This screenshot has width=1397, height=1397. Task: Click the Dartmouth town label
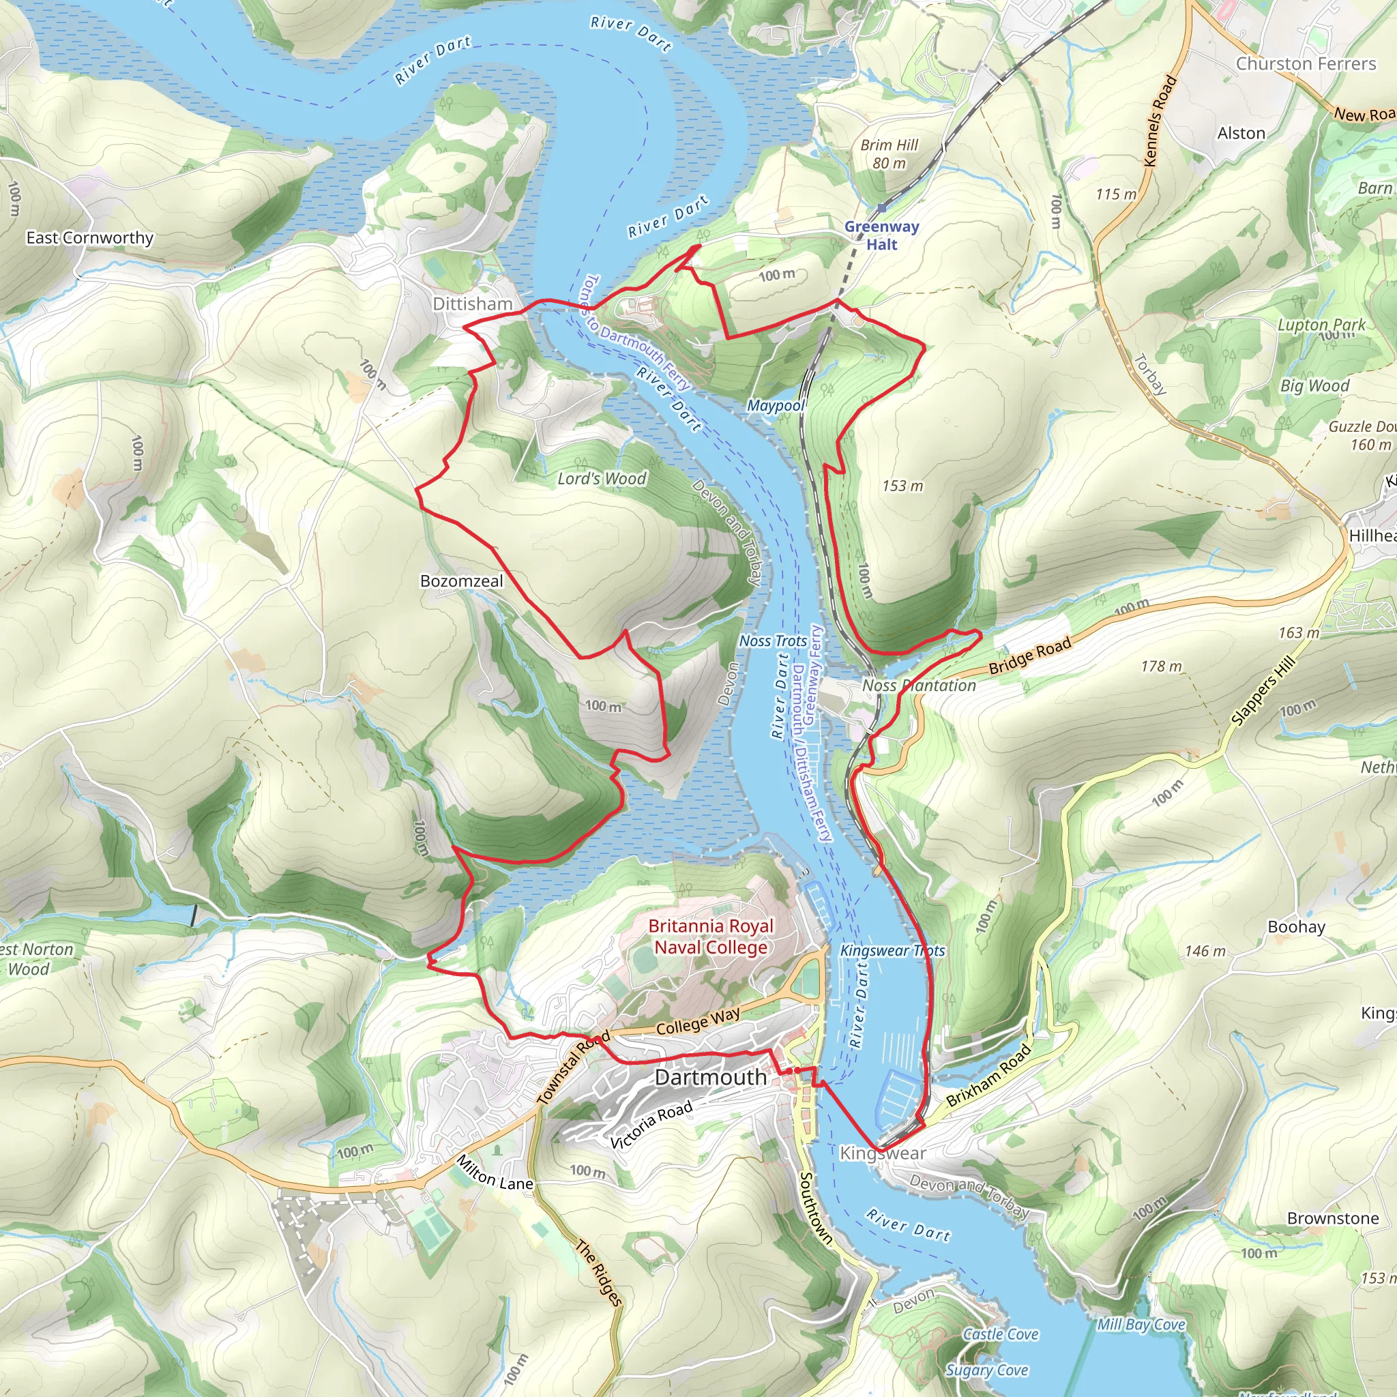[710, 1077]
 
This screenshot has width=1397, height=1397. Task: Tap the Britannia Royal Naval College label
[710, 937]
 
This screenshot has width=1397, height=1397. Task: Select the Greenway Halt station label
[881, 235]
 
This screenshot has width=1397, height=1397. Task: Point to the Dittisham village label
[472, 304]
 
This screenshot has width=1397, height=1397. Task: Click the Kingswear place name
[882, 1153]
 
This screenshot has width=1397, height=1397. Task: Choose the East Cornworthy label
[89, 238]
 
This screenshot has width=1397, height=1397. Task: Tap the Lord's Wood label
[602, 479]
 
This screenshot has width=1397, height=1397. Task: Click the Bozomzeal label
[461, 581]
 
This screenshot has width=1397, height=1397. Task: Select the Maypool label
[776, 406]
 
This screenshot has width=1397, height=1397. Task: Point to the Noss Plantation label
[918, 686]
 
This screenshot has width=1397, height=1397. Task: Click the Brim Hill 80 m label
[889, 154]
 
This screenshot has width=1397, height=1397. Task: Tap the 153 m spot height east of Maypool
[902, 486]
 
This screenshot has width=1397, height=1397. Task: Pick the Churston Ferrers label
[1305, 63]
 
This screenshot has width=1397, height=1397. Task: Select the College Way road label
[698, 1021]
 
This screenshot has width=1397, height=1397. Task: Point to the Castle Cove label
[1000, 1334]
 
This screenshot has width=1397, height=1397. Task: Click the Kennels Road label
[1160, 121]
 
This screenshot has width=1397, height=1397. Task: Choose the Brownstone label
[1333, 1218]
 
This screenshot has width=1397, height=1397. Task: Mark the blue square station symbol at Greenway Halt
[881, 207]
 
